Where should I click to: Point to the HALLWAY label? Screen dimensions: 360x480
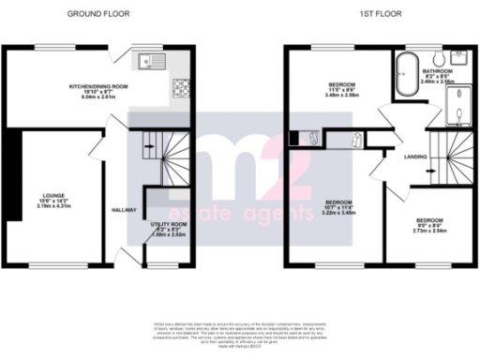(x=124, y=210)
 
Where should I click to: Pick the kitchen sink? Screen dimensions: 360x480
(x=150, y=63)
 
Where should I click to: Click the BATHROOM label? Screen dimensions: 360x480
(x=437, y=71)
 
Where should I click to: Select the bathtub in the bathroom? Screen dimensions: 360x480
(x=407, y=74)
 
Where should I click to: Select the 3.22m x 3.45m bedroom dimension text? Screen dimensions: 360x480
(x=338, y=213)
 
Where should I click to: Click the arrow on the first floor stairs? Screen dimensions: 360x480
(x=429, y=172)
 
